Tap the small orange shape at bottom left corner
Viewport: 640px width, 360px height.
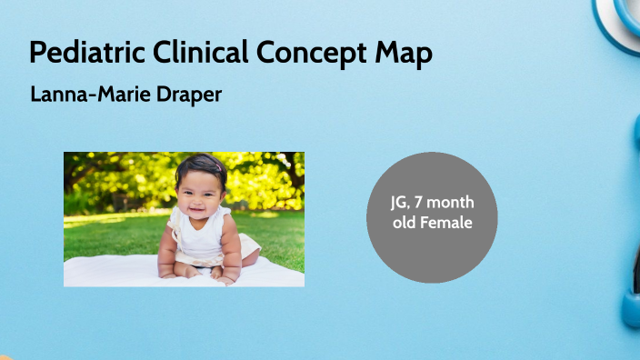coord(4,356)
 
